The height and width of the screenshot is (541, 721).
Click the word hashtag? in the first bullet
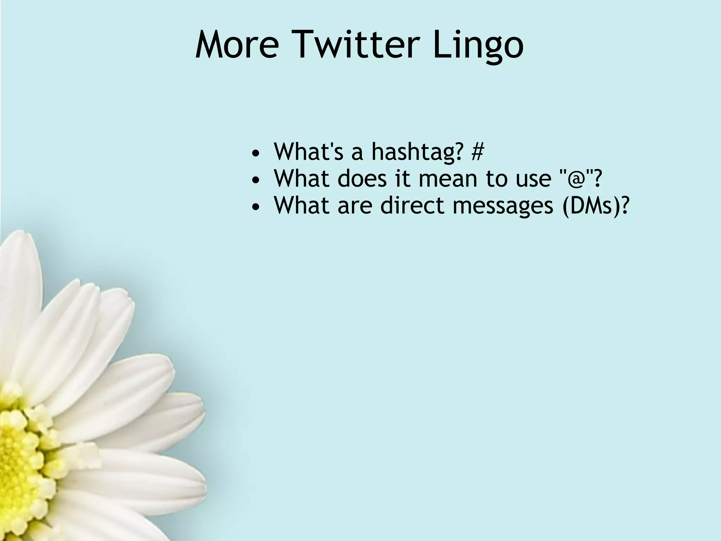click(x=417, y=152)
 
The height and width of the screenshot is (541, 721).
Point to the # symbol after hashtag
click(x=477, y=151)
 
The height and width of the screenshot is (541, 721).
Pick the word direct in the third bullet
click(x=412, y=205)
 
